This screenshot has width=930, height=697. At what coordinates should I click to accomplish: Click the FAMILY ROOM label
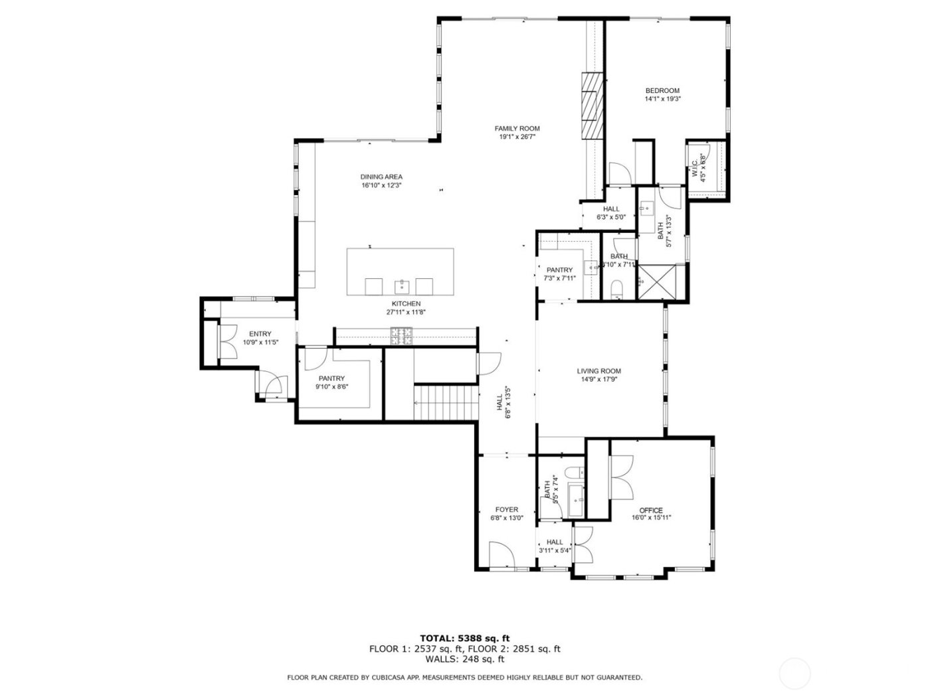coord(517,129)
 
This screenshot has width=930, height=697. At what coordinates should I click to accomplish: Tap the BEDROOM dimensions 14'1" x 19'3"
coord(662,99)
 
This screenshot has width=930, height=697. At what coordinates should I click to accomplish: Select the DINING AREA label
coord(381,177)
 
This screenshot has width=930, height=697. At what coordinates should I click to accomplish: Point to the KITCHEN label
coord(405,303)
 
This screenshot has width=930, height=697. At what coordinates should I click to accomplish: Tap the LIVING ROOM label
coord(599,371)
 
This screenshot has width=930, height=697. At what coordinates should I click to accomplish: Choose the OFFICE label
coord(650,510)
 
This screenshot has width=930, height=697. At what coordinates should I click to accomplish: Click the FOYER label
coord(506,509)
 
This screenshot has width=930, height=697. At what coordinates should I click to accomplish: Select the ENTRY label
coord(260,334)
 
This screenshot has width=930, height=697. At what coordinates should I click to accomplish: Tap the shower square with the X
coord(657,282)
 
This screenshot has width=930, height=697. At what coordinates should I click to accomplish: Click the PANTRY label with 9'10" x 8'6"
coord(331,378)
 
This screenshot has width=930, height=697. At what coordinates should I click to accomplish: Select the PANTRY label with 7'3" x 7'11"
coord(559,270)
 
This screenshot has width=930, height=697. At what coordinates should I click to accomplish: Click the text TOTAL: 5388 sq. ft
coord(464,639)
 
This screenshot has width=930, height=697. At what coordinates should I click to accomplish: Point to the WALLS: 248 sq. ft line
coord(464,659)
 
